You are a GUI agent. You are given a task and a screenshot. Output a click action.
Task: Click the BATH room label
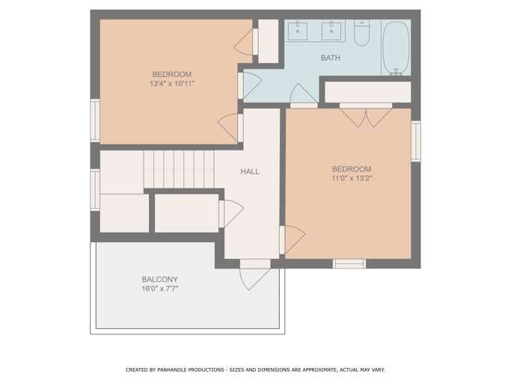click(331, 58)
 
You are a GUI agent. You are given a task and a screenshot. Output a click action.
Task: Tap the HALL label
click(250, 171)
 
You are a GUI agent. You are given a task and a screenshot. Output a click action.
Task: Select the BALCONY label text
click(159, 279)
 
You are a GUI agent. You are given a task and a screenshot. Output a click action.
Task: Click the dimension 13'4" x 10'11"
click(172, 84)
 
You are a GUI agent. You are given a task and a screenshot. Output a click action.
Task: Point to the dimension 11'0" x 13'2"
click(352, 178)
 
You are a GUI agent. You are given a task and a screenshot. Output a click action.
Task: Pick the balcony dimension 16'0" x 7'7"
click(160, 289)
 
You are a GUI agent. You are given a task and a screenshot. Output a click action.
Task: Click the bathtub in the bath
click(396, 48)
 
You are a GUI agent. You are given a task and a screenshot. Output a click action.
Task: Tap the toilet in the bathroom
click(362, 33)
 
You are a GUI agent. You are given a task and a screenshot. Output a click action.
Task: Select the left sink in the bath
click(298, 31)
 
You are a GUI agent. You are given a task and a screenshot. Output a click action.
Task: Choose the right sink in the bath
click(331, 31)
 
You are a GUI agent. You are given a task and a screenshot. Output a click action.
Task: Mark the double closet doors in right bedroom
click(366, 117)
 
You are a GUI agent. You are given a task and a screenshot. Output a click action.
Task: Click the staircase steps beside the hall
click(179, 169)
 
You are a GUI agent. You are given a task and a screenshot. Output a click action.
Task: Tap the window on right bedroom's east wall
click(416, 141)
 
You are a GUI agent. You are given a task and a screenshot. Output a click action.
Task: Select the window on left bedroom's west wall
click(95, 120)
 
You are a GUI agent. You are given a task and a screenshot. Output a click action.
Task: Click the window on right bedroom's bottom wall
click(349, 264)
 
